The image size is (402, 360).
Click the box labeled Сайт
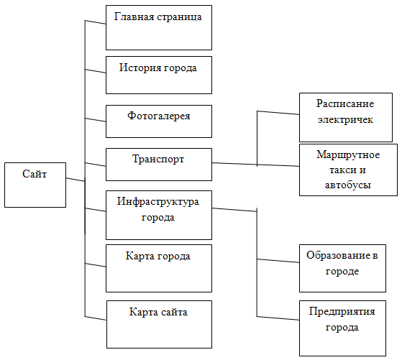35,185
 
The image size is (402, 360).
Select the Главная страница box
159,28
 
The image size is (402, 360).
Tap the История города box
159,75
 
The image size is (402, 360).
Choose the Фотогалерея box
159,121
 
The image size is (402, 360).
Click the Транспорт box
159,165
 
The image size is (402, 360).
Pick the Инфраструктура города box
159,215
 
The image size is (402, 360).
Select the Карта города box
159,268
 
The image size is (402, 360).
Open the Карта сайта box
159,324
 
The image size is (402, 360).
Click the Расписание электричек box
346,117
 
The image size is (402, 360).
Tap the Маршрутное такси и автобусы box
348,170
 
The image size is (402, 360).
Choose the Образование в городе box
342,268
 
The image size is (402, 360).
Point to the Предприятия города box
342,328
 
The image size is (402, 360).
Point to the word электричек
345,119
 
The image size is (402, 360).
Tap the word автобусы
348,185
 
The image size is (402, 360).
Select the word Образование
339,256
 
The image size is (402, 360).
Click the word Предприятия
342,312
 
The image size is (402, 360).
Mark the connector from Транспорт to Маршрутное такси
255,165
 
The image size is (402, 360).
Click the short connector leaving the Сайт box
76,180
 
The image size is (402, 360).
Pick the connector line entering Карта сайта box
95,318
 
